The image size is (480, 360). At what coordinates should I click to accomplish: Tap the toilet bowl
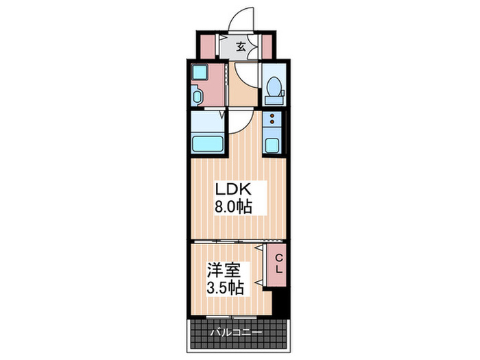pos(274,89)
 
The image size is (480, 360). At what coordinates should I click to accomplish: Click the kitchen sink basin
pos(272,145)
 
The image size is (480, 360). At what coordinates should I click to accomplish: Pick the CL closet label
pos(279,263)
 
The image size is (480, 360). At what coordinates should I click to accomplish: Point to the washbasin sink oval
pos(197,96)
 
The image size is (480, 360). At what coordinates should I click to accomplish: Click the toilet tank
pos(274,75)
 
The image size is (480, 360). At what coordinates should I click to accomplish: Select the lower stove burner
pos(272,124)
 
